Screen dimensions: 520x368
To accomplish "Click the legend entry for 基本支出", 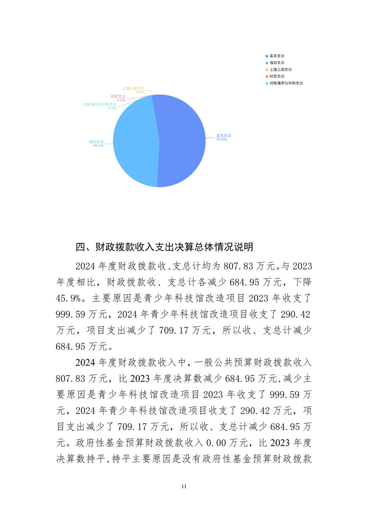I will [x=276, y=56].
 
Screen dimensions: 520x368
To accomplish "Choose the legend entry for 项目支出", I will [x=276, y=63].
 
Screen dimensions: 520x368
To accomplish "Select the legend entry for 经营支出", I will [x=276, y=76].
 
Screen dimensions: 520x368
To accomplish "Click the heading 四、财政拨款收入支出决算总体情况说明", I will [x=164, y=247].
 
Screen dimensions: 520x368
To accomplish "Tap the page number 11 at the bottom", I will [x=184, y=486].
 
